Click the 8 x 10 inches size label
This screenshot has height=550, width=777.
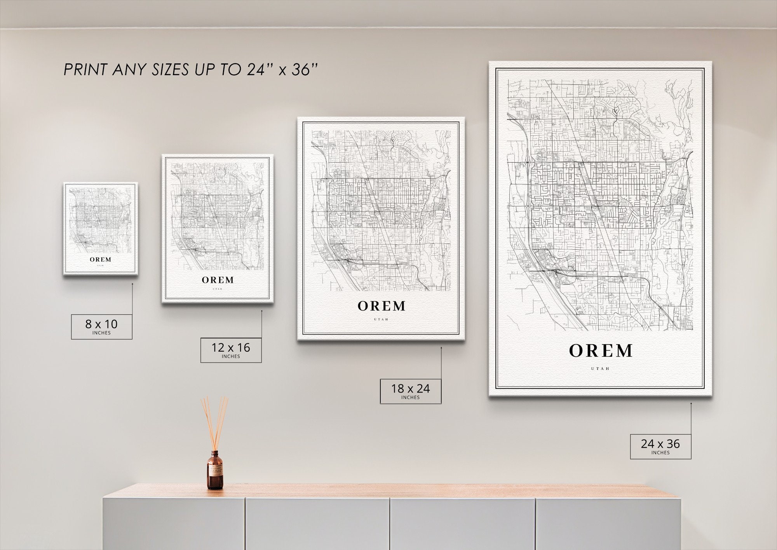pos(101,326)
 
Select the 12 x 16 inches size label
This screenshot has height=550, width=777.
pos(231,350)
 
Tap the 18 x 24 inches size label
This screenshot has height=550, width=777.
pos(410,391)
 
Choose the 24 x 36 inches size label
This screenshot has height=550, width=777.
pos(660,446)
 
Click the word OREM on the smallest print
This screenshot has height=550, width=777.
pos(101,259)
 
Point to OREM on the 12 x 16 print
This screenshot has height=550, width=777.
pos(218,280)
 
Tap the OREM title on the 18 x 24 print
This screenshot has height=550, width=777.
pos(382,306)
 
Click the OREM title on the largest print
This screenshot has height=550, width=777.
pos(601,351)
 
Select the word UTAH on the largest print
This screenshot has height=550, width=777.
pos(601,368)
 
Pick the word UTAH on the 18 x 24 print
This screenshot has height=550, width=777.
pos(382,320)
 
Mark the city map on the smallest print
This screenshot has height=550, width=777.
pos(101,220)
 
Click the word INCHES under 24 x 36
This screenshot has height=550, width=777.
pos(660,453)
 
